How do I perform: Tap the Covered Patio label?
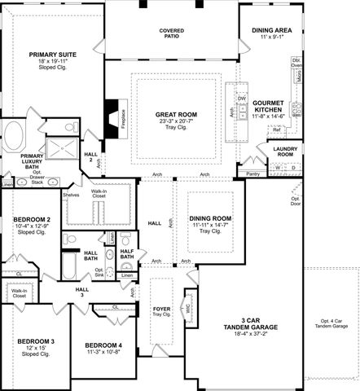point(171,33)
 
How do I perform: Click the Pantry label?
point(253,174)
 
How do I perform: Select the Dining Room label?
point(210,220)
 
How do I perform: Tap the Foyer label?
point(161,310)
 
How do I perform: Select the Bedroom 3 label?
point(36,345)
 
